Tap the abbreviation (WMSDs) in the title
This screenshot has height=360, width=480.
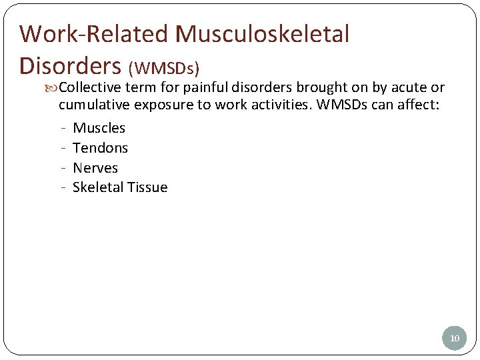coord(164,68)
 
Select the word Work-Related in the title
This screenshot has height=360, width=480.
coord(94,34)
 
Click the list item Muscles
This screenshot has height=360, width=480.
coord(99,128)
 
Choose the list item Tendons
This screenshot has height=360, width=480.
coord(100,148)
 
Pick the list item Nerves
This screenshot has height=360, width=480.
coord(95,168)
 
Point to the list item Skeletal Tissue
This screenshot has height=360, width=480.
coord(120,187)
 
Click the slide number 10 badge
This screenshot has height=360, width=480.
coord(455,338)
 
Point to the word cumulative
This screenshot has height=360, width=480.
coord(94,105)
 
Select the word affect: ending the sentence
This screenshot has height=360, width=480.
coord(419,105)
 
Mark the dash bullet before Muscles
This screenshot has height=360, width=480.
coord(62,128)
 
